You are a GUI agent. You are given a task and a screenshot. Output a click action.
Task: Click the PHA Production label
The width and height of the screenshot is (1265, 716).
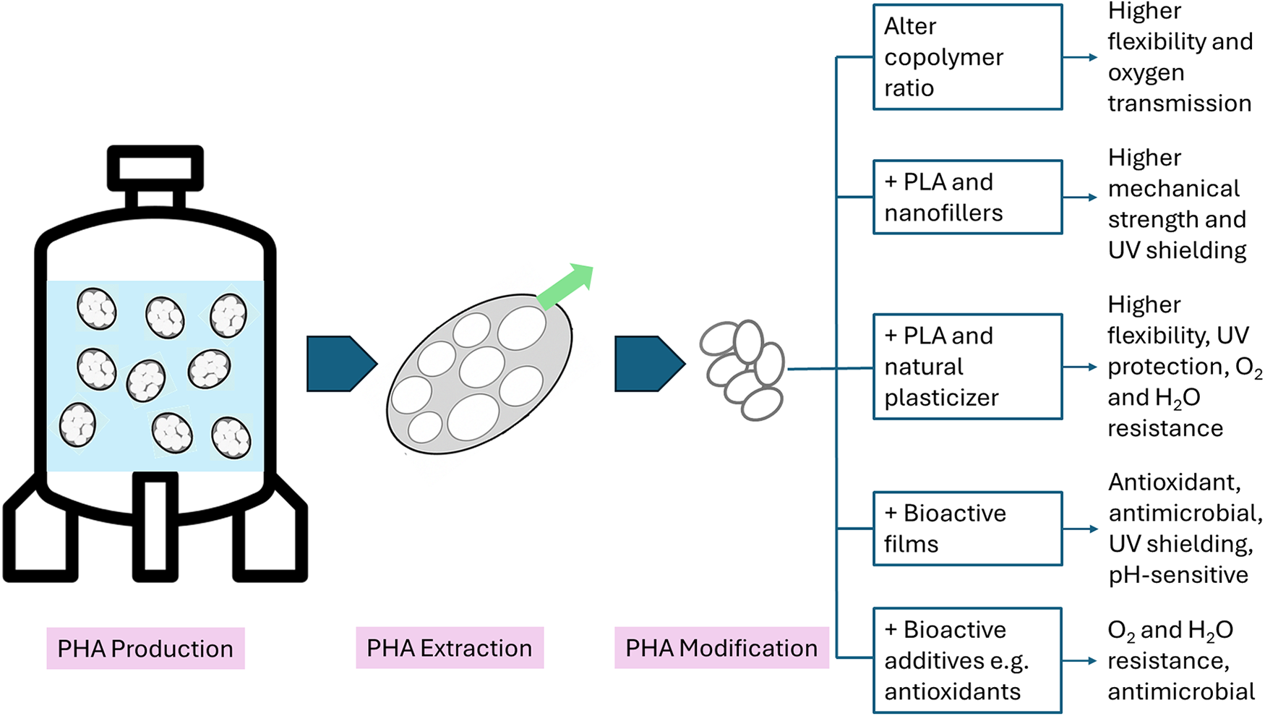pos(145,649)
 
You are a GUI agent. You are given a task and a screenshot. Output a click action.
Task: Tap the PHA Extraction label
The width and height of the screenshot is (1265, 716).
pos(449,648)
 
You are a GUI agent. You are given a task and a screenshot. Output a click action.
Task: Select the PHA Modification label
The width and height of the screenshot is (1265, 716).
pos(721,648)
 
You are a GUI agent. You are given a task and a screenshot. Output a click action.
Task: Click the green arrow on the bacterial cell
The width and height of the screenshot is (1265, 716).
pos(567,286)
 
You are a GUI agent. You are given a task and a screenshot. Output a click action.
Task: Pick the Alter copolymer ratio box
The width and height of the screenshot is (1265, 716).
pos(967,57)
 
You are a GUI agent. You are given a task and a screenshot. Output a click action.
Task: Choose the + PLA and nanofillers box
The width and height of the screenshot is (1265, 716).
pos(967,197)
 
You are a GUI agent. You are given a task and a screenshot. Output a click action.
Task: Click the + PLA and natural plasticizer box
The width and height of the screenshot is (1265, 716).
pos(967,367)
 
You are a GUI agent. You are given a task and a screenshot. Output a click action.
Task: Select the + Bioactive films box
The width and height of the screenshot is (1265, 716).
pos(967,529)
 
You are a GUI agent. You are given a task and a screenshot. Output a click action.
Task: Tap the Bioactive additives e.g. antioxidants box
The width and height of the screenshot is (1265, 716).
pos(967,660)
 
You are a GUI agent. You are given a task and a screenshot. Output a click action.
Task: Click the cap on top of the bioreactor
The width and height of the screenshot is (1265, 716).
pos(155,169)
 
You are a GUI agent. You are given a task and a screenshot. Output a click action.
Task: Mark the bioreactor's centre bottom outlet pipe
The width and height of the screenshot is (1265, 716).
pos(155,527)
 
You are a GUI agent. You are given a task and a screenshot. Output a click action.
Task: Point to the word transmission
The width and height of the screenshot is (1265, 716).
pos(1179,103)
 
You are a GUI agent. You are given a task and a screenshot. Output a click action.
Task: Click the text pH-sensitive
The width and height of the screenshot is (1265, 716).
pos(1178,575)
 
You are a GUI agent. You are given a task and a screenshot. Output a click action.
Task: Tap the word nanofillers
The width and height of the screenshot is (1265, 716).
pos(943,213)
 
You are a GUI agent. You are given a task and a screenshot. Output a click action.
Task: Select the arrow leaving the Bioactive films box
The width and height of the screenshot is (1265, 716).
pos(1081,529)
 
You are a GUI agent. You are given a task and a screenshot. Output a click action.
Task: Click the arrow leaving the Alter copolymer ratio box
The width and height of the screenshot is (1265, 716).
pos(1081,57)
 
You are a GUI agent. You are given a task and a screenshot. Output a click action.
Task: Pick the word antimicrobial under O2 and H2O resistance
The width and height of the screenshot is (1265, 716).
pos(1181,692)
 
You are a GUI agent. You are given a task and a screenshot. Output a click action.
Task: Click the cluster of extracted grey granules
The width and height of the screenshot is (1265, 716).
pos(743,369)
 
